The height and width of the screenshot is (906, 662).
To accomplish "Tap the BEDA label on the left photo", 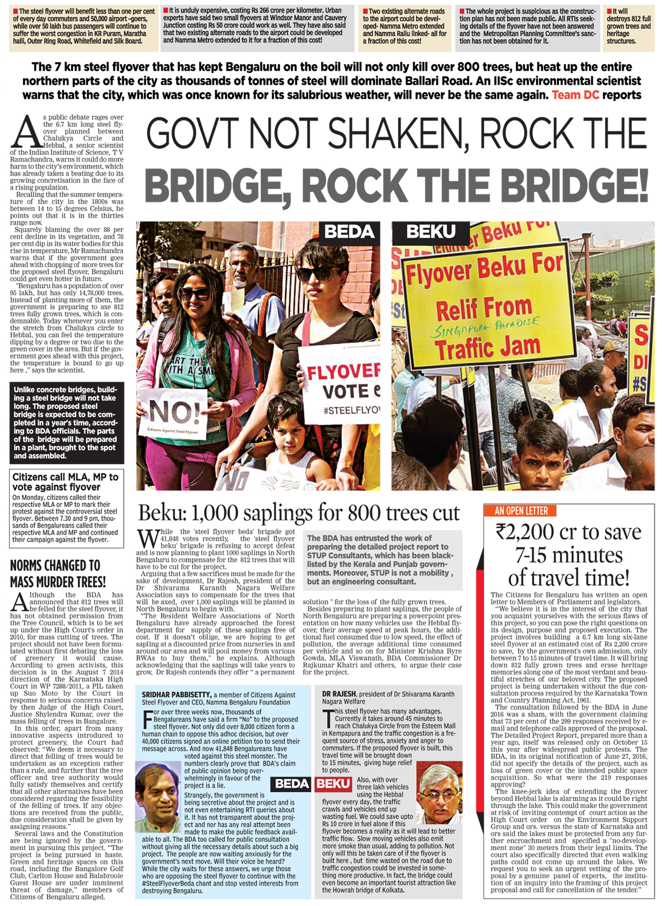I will coord(349,232).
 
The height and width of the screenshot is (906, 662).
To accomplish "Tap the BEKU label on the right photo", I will coord(430,232).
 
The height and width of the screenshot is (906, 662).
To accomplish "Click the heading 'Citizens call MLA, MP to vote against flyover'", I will coord(65,482).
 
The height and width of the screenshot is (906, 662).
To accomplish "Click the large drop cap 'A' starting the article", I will coord(26,132).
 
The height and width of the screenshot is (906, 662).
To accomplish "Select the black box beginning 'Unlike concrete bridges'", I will coord(66,423).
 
